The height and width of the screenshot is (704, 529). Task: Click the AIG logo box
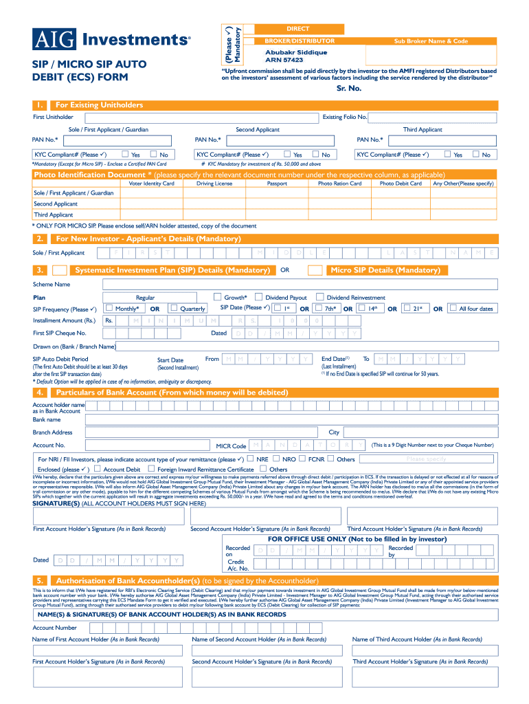point(54,40)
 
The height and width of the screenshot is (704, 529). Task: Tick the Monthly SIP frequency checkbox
point(109,308)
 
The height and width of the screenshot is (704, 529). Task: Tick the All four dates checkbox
point(451,308)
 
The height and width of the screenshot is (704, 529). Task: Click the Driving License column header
point(214,184)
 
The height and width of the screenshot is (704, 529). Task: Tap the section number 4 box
point(41,393)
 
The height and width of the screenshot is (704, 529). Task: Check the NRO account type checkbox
point(314,459)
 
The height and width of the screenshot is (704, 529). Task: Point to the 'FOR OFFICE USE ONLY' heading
point(357,539)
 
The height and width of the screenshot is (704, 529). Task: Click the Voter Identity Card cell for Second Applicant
point(152,204)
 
